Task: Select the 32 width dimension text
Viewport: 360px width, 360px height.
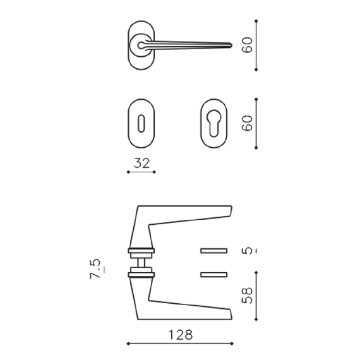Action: point(141,163)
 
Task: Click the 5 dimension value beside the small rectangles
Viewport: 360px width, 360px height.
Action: point(248,251)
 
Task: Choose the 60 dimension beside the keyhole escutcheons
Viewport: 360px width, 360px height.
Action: point(248,123)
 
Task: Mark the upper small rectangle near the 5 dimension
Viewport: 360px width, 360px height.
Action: point(213,251)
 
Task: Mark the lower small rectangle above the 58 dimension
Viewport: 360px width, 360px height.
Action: point(213,273)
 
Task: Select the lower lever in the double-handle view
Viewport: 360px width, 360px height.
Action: point(183,308)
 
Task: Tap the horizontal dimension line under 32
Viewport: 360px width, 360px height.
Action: point(141,172)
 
